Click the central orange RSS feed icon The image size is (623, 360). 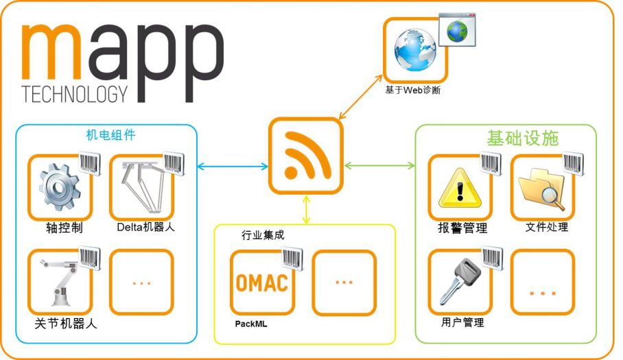305,155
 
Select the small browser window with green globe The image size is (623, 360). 457,29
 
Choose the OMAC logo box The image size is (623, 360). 261,282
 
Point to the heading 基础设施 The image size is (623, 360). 523,138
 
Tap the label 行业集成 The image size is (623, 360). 263,235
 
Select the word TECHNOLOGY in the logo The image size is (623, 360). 75,94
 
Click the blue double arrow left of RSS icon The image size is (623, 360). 232,166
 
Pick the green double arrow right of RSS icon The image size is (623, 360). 379,165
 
